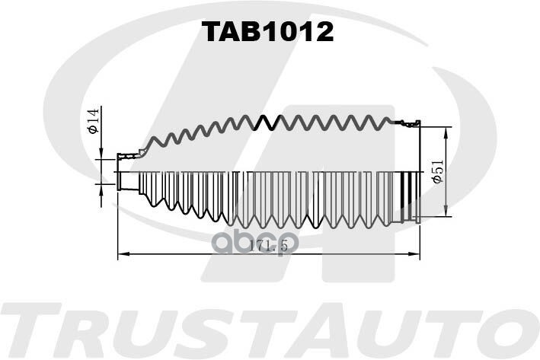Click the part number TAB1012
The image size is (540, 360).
point(267,31)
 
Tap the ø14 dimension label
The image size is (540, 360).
point(94,120)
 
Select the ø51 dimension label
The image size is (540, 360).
point(437,172)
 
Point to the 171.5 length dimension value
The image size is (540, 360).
point(268,245)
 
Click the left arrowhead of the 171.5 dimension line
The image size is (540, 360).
point(123,254)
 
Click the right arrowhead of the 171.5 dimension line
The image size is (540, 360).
point(414,254)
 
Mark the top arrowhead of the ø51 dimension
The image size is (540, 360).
point(446,133)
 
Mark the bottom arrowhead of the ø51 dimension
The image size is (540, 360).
point(446,211)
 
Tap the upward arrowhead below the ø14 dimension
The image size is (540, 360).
point(101,190)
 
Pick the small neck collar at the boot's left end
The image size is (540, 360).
point(128,180)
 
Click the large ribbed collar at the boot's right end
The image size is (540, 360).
point(411,198)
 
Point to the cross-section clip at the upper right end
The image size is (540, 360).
point(409,123)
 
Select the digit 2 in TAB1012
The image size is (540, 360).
point(323,31)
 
